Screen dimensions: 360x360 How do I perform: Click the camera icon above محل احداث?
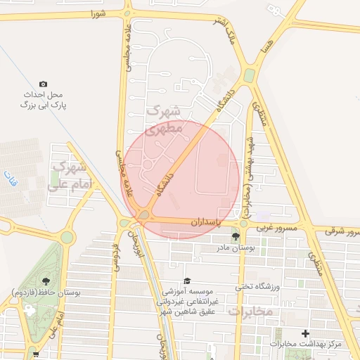point(44,84)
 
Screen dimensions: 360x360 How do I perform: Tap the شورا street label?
point(97,13)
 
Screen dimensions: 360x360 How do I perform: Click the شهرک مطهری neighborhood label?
point(163,120)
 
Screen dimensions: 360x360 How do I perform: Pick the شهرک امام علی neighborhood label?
point(67,176)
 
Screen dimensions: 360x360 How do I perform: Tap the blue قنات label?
point(8,174)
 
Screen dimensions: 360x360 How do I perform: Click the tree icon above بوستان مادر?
point(235,237)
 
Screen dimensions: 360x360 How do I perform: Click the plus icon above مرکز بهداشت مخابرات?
point(304,333)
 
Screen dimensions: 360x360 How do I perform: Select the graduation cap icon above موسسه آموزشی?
point(186,280)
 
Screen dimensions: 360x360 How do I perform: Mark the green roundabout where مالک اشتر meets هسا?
point(249,75)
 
